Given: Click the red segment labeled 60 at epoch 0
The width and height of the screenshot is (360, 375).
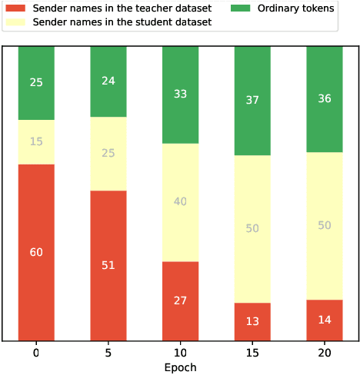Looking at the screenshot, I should [x=36, y=252].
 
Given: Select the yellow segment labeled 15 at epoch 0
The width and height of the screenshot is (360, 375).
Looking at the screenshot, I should [x=36, y=141].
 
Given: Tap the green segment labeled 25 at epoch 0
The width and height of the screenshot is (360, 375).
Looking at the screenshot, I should [x=36, y=82].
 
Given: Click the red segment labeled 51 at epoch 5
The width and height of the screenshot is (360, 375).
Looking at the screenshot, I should [x=108, y=265].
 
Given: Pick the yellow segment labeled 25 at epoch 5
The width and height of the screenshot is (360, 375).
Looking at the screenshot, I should [x=108, y=153].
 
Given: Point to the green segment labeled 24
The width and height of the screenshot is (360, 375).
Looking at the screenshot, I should [x=108, y=81].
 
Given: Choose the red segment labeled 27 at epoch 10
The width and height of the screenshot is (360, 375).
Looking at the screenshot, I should [x=180, y=300].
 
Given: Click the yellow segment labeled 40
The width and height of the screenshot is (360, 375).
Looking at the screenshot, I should [x=180, y=202].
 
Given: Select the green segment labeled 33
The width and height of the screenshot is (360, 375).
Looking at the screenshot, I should [x=180, y=95].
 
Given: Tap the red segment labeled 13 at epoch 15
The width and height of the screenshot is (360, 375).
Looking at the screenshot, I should [x=252, y=321].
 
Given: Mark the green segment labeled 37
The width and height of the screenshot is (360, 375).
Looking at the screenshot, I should [x=252, y=100].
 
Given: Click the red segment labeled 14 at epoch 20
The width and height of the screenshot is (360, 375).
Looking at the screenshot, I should [x=325, y=320].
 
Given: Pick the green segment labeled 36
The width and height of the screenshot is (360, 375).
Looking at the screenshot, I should [x=325, y=98].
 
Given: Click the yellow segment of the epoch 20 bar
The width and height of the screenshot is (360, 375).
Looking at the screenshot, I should [x=325, y=225].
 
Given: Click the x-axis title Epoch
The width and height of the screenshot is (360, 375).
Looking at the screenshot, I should [x=180, y=367].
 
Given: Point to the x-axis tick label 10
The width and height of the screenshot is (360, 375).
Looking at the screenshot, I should [x=180, y=353].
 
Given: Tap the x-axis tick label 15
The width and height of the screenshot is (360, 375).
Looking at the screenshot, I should [x=252, y=353].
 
